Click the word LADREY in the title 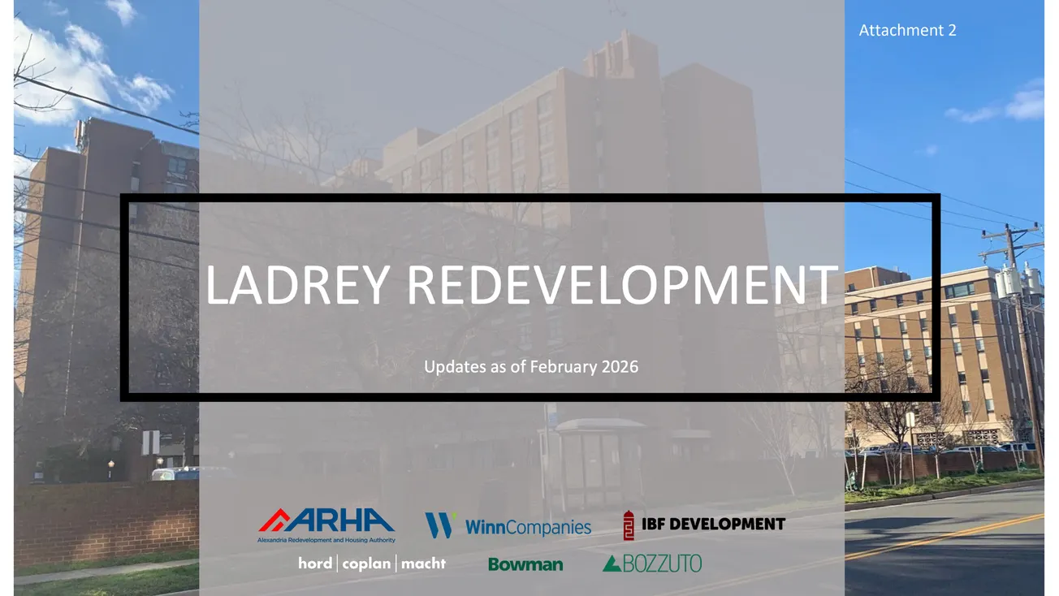pyautogui.click(x=297, y=285)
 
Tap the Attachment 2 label pyautogui.click(x=907, y=30)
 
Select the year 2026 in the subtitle pyautogui.click(x=620, y=367)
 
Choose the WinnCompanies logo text pyautogui.click(x=528, y=527)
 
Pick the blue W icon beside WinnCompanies pyautogui.click(x=439, y=525)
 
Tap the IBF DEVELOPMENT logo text pyautogui.click(x=713, y=524)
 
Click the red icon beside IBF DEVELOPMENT pyautogui.click(x=629, y=525)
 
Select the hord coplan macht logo pyautogui.click(x=372, y=564)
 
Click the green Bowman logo pyautogui.click(x=525, y=564)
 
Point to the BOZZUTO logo pyautogui.click(x=652, y=563)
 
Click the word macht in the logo pyautogui.click(x=423, y=564)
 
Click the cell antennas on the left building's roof pyautogui.click(x=82, y=132)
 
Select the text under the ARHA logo pyautogui.click(x=326, y=540)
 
